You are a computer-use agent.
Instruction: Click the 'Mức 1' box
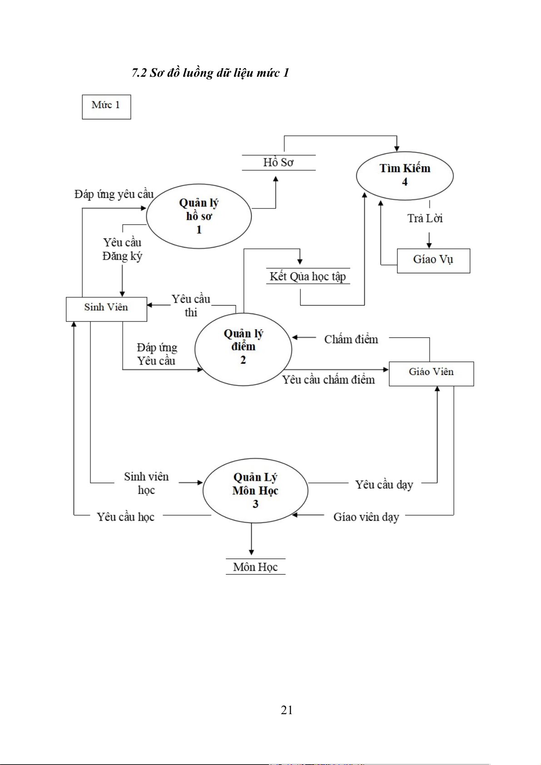106,107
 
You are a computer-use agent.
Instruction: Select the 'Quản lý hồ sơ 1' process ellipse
199,216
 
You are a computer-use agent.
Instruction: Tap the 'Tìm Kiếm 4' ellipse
405,175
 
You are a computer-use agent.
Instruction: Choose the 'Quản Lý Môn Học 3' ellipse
255,490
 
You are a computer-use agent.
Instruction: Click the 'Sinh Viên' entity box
106,309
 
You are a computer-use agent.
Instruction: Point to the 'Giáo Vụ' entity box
433,260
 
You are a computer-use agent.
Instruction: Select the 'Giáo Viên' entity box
431,373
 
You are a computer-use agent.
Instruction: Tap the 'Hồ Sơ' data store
278,163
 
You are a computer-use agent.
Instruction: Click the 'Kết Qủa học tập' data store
308,276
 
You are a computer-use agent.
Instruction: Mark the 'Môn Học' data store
255,567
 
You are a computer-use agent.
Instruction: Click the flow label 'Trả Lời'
425,218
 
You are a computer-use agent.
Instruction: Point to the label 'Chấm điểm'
351,339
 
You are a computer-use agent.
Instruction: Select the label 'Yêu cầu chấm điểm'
328,380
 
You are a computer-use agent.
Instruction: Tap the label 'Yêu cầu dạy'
384,484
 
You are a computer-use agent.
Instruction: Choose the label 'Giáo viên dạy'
366,517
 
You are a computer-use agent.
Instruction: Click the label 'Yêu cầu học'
125,517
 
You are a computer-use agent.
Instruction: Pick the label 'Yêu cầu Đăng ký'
122,249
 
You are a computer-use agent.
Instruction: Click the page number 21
287,710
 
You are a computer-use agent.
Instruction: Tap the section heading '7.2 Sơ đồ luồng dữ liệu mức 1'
210,73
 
